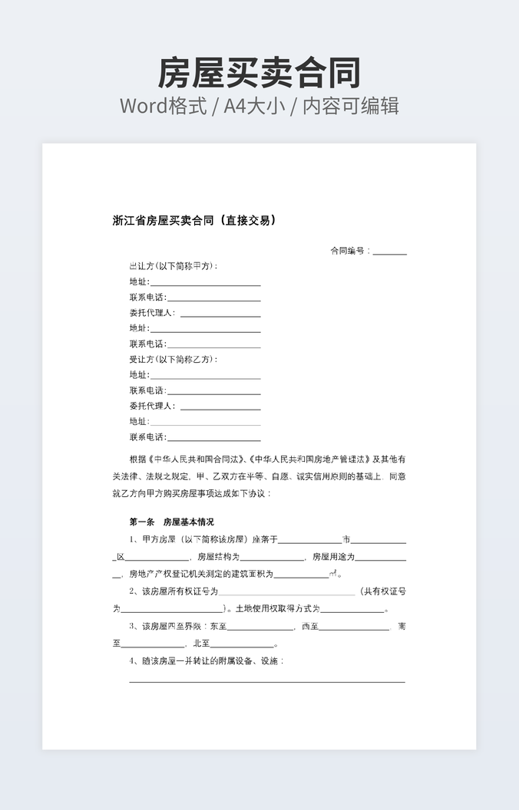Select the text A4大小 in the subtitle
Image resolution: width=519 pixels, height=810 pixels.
pos(254,106)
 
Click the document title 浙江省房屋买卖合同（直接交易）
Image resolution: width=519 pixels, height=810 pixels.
pos(194,221)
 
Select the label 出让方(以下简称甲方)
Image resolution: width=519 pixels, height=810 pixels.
pos(174,266)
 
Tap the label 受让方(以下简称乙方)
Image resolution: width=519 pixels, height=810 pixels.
pos(174,359)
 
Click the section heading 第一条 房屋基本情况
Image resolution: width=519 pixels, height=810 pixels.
pos(172,522)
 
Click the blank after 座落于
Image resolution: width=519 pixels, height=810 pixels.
pos(309,542)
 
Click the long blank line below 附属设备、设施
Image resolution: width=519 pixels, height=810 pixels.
pos(266,681)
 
